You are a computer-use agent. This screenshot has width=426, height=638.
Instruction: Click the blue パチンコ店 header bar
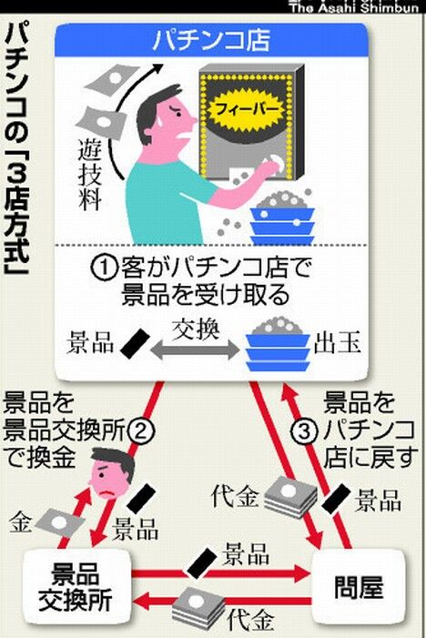[x=211, y=40]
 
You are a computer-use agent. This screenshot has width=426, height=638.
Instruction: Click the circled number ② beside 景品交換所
[x=141, y=431]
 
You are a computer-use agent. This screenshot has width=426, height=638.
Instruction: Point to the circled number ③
[x=304, y=431]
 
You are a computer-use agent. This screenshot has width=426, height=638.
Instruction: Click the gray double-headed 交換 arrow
[x=196, y=349]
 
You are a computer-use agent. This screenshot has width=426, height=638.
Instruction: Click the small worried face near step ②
[x=111, y=472]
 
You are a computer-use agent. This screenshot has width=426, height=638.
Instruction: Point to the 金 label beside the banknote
[x=20, y=522]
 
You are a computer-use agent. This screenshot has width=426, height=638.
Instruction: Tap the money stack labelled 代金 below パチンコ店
[x=290, y=497]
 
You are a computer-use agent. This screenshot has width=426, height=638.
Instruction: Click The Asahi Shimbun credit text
[x=354, y=7]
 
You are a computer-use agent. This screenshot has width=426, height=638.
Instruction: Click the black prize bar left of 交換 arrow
[x=136, y=344]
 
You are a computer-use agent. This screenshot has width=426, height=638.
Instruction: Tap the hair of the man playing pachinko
[x=157, y=108]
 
